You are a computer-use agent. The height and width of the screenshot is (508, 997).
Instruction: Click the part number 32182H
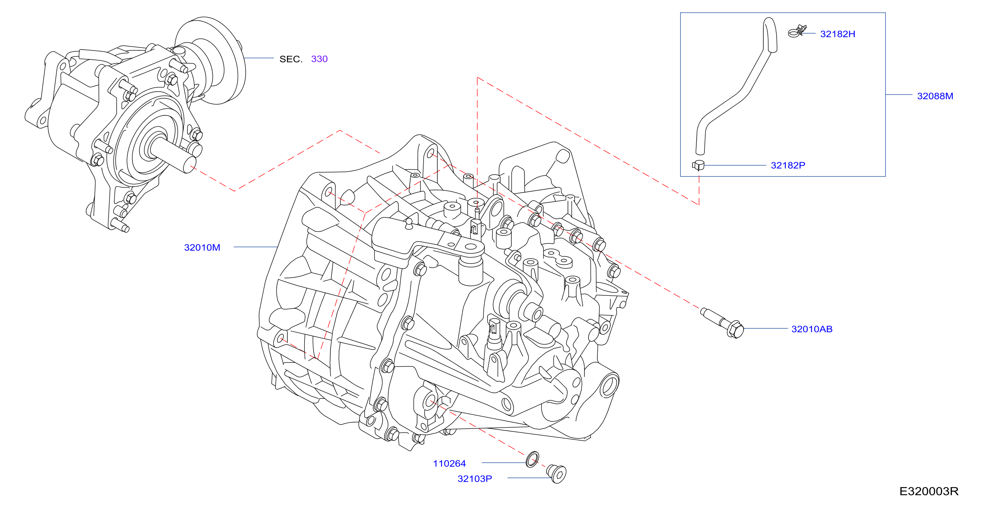[x=838, y=34]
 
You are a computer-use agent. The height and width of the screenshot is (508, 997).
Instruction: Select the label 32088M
[x=935, y=96]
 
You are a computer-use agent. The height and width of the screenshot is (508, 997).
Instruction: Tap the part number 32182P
[x=788, y=165]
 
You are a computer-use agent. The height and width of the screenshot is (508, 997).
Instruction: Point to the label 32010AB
[x=812, y=329]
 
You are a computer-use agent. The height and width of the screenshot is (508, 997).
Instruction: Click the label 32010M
[x=202, y=247]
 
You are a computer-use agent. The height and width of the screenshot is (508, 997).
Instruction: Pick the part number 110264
[x=449, y=463]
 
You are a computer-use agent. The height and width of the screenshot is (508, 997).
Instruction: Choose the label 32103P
[x=475, y=479]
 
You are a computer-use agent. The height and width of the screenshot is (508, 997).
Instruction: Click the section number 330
[x=319, y=59]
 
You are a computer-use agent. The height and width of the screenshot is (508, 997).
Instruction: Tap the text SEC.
[x=291, y=59]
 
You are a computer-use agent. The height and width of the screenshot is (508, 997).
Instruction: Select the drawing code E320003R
[x=929, y=491]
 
